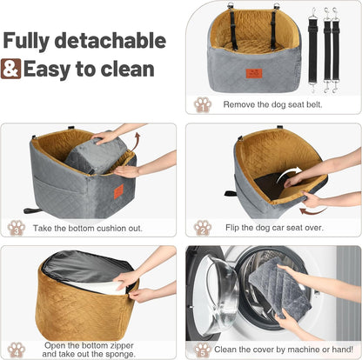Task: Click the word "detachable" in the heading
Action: [x=114, y=41]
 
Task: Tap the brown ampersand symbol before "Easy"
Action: [x=11, y=70]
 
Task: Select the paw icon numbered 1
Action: [x=202, y=104]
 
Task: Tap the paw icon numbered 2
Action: [x=202, y=227]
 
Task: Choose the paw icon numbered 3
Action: [x=17, y=227]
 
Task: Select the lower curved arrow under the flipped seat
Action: [x=313, y=209]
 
